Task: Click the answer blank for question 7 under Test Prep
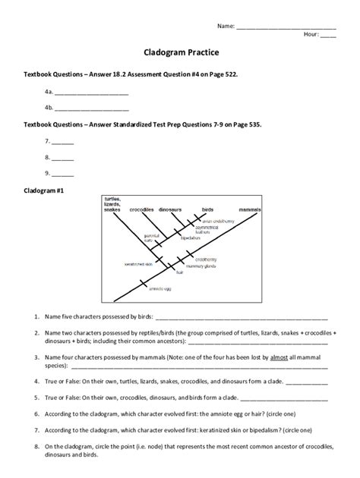coord(63,142)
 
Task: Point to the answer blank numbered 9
coord(63,173)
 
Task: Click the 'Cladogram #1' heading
coord(43,191)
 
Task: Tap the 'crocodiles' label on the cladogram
coord(142,209)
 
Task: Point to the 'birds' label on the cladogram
coord(207,209)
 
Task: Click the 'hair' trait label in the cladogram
coord(180,272)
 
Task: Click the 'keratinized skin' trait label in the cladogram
coord(138,264)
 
